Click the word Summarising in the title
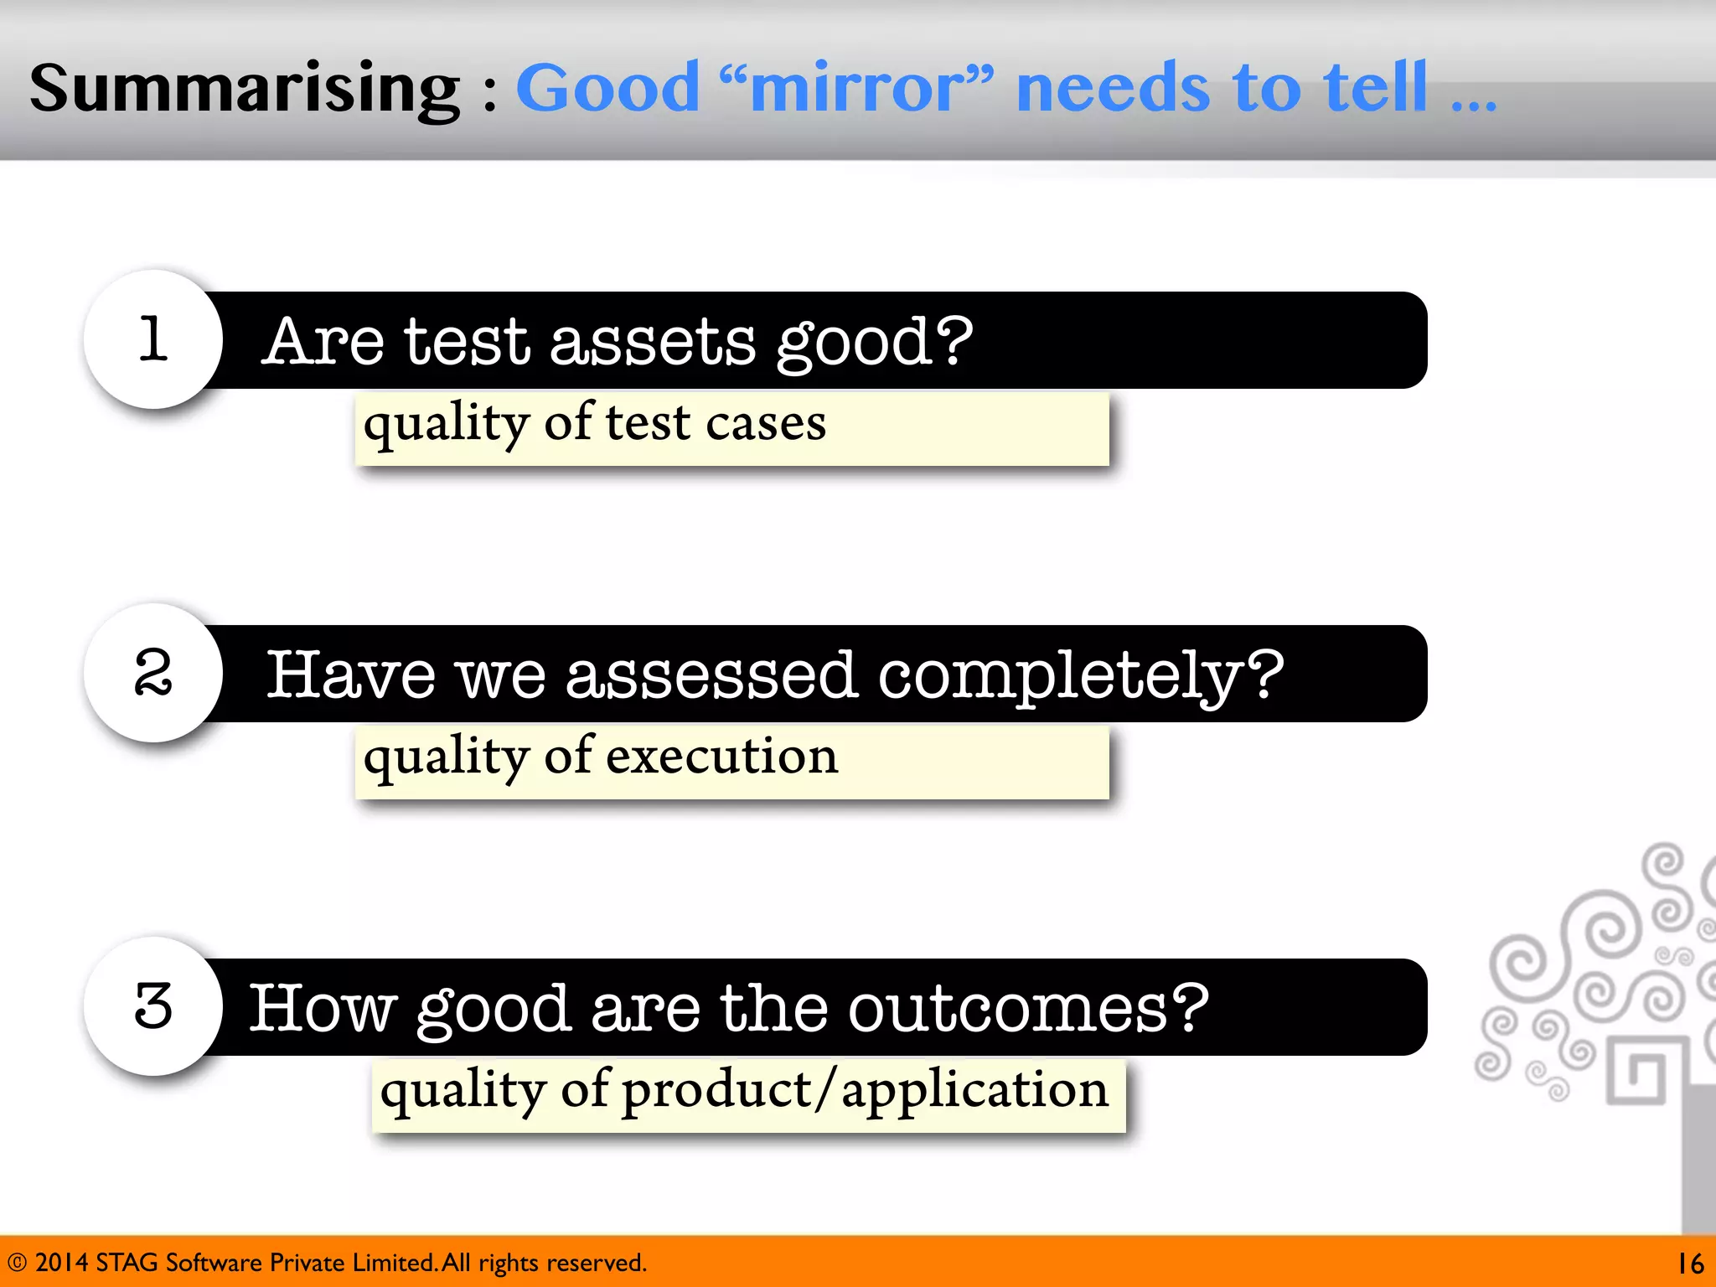pos(245,89)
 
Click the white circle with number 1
pos(153,339)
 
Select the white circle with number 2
pos(153,673)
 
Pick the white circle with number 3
pos(153,1006)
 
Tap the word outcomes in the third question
pos(1028,1009)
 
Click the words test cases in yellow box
pos(716,423)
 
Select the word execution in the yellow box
pos(721,757)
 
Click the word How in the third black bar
pos(323,1009)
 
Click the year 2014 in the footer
pos(61,1263)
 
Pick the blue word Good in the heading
pos(607,89)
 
